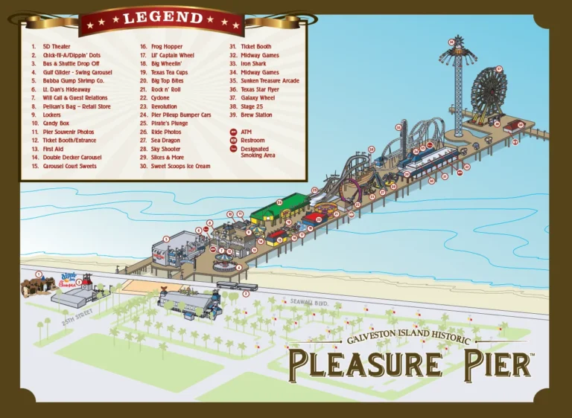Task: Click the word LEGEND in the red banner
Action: tap(163, 18)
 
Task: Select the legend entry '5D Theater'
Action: tap(56, 47)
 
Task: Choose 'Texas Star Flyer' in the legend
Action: tap(259, 89)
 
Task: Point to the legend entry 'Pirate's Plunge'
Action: tap(169, 123)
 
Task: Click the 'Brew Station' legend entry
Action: tap(256, 115)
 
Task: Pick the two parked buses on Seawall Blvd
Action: tap(237, 285)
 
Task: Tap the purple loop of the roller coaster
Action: tap(349, 190)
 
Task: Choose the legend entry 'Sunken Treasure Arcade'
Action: tap(269, 80)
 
